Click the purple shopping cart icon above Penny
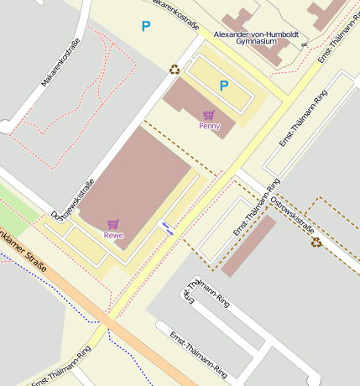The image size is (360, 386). pos(208,115)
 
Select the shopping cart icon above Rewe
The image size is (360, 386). pos(113,224)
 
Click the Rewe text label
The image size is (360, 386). pos(113,236)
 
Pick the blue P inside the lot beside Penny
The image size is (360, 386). pos(224,86)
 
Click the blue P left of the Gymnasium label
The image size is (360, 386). pos(146,27)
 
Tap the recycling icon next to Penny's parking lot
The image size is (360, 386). pos(175,70)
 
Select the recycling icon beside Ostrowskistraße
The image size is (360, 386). pos(316,243)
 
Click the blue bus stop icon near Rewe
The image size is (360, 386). pos(168,227)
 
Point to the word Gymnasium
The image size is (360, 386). pos(256,40)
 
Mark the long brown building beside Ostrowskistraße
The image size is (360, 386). pos(248,245)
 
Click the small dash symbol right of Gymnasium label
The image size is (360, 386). pos(304,43)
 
